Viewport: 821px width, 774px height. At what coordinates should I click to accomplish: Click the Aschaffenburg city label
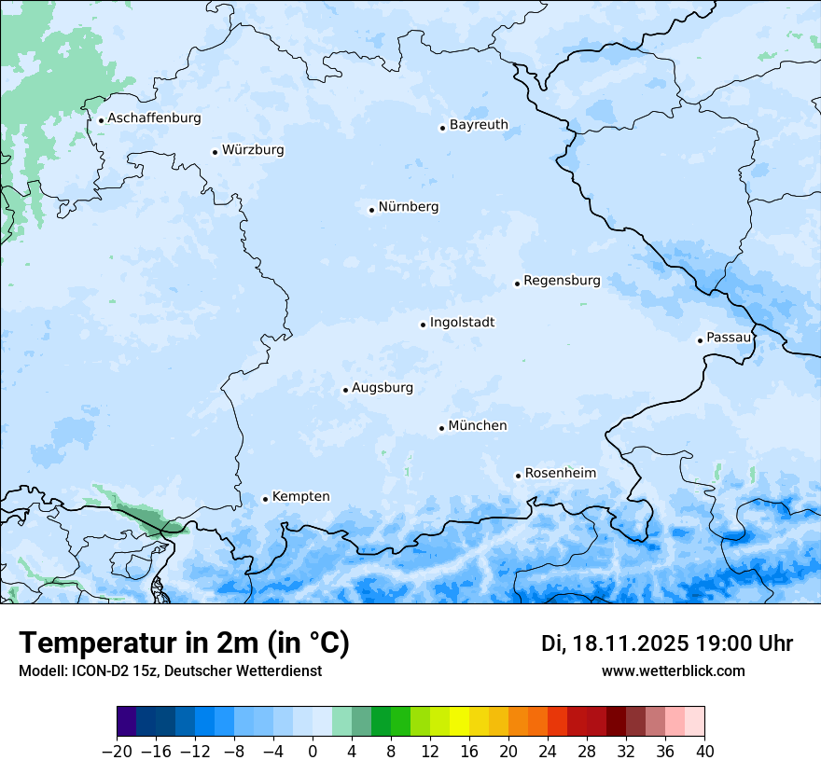point(154,118)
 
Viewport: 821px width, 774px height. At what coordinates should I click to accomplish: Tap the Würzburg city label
point(253,150)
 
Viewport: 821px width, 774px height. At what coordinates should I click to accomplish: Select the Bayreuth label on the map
point(479,125)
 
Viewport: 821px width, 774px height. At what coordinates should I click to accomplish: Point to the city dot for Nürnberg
point(371,210)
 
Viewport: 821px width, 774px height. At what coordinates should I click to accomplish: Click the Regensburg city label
point(562,281)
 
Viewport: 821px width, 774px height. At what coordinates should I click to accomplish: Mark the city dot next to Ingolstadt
point(423,325)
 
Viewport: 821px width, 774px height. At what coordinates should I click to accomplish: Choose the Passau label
point(729,338)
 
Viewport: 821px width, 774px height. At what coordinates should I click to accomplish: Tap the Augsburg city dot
point(345,391)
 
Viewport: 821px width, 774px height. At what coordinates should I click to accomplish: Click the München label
point(478,426)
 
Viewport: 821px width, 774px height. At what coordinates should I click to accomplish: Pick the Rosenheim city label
point(560,474)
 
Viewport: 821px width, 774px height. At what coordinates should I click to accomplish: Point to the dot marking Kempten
point(265,499)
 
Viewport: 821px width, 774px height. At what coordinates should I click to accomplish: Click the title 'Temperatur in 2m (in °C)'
point(184,643)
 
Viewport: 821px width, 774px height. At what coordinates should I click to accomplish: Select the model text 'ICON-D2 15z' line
point(170,671)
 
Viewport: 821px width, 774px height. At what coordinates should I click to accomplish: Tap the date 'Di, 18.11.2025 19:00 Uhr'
point(667,643)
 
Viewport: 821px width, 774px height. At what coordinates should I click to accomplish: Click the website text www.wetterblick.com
point(673,671)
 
